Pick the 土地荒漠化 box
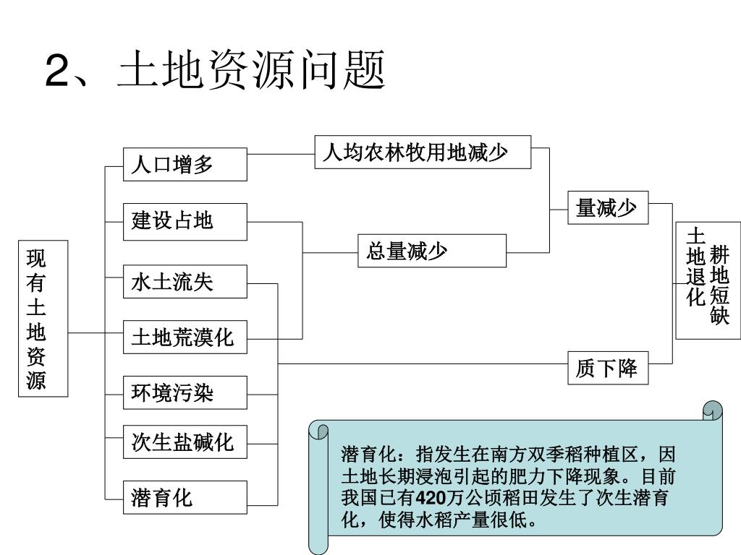click(185, 337)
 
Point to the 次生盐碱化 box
click(185, 441)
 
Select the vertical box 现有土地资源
click(43, 319)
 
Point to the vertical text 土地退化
click(695, 267)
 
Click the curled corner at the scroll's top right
click(714, 410)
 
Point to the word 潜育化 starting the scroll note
click(369, 456)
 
